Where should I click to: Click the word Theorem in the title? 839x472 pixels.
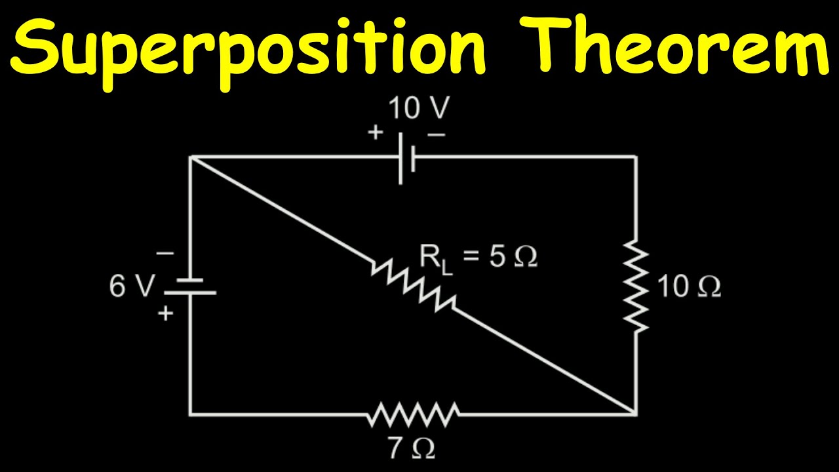point(678,45)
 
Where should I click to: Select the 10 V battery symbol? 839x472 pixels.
point(406,157)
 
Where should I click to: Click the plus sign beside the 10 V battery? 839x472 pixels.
point(375,133)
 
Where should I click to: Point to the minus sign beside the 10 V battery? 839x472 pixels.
point(437,134)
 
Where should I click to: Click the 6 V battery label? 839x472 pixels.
point(132,286)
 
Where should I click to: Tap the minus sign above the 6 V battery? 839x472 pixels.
point(165,253)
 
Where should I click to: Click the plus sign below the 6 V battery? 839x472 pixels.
point(166,314)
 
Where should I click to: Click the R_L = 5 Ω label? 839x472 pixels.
point(478,257)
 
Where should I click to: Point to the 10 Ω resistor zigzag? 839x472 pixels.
point(636,285)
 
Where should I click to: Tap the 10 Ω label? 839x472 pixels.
point(688,286)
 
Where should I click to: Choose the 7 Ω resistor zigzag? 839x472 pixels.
point(413,414)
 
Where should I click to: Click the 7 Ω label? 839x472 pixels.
point(411,448)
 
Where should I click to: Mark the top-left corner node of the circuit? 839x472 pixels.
point(190,157)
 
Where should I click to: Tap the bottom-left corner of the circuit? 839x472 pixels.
point(190,414)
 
